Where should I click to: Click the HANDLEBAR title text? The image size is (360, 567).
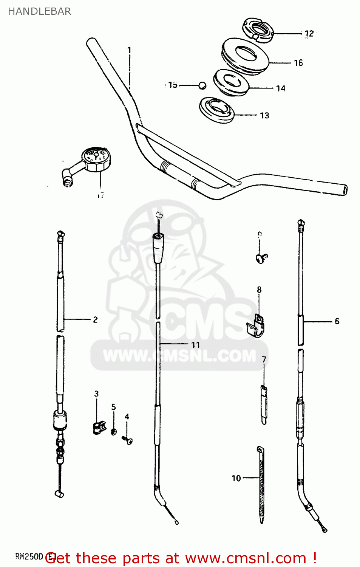coord(39,11)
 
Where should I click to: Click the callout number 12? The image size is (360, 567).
coord(309,34)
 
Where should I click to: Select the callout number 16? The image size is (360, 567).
coord(298,63)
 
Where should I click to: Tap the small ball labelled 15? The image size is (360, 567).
coord(202,85)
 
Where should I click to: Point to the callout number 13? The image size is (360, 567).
coord(264,115)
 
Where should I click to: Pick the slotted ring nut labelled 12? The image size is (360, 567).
coord(258,30)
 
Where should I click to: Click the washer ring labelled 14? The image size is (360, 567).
coord(231,83)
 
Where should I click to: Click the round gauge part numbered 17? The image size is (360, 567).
coord(96,158)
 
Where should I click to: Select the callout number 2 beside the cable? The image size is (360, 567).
coord(95,320)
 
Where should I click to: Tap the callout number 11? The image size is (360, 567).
coord(195,345)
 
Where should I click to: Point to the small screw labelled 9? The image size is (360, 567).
coord(261,258)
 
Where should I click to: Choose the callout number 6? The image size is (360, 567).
coord(337,321)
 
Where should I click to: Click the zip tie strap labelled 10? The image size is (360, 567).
coord(261,484)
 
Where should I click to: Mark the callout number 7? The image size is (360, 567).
coord(264,359)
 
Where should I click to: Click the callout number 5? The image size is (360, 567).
coord(113,407)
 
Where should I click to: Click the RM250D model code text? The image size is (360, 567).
coord(29,556)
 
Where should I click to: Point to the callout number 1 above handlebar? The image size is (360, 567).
coord(129,50)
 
